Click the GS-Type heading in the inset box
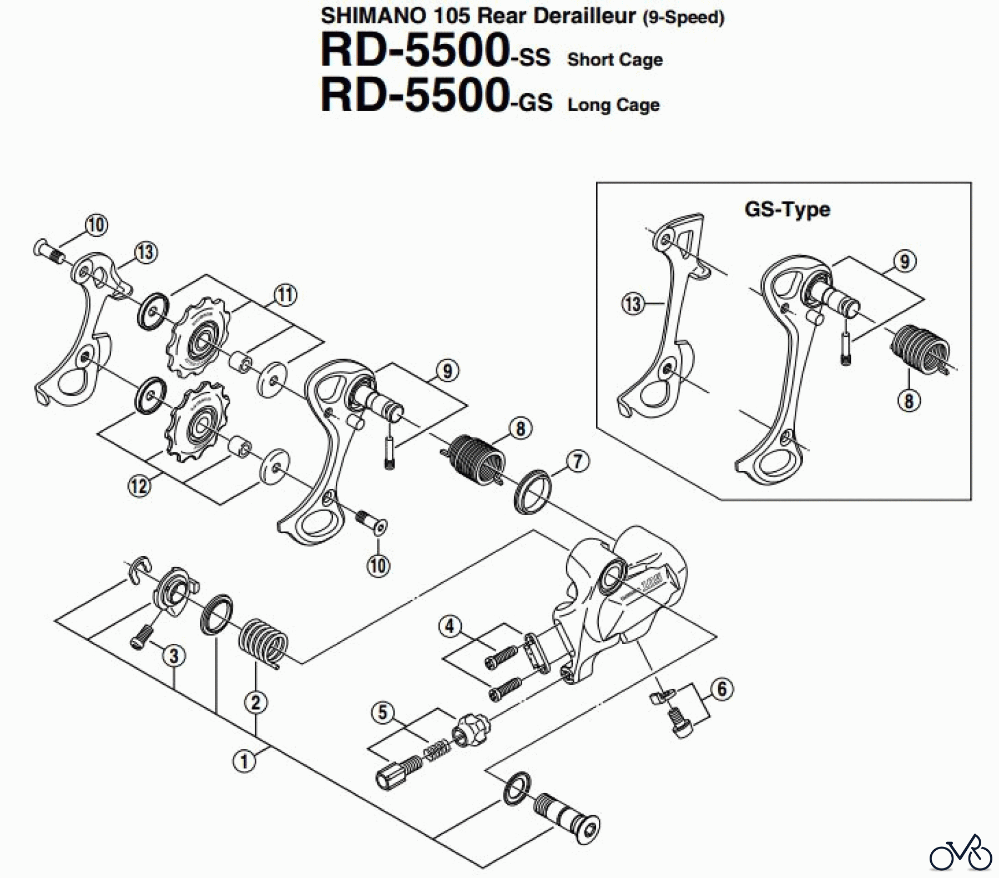(x=787, y=210)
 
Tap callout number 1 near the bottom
(x=244, y=760)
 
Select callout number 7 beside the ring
(x=578, y=461)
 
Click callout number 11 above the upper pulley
(x=285, y=295)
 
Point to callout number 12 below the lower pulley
(x=139, y=487)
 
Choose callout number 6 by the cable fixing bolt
(x=722, y=689)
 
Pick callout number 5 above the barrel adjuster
(x=383, y=713)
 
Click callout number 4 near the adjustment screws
(x=450, y=627)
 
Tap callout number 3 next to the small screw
(x=174, y=656)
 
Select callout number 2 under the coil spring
(x=255, y=703)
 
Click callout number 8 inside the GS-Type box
(x=909, y=400)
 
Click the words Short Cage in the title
(x=615, y=60)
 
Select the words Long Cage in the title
(x=613, y=105)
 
